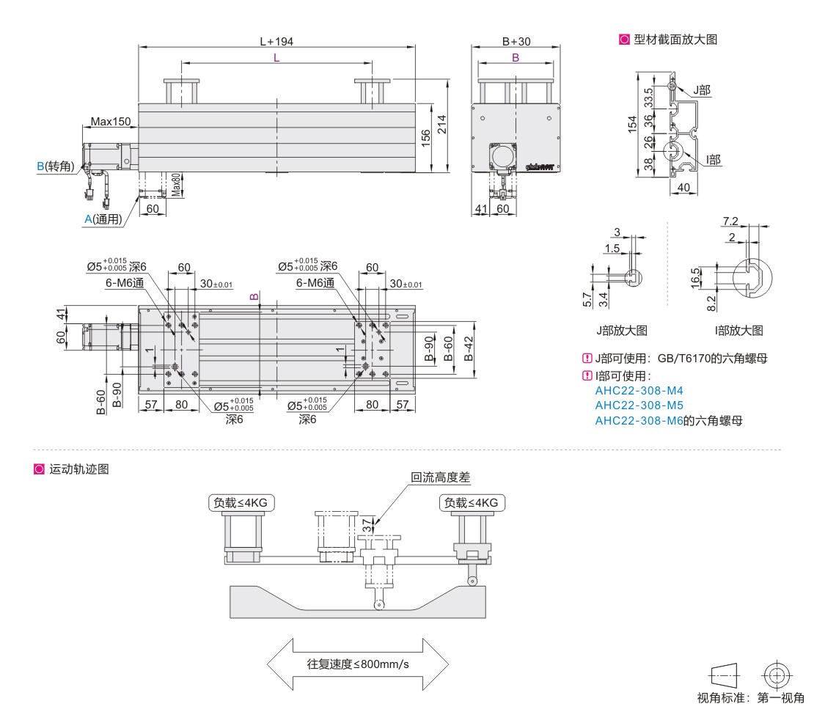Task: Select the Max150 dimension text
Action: [110, 121]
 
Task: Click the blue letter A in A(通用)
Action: [88, 219]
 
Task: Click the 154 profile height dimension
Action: [632, 125]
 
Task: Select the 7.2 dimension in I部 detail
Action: [730, 221]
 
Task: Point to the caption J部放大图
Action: [621, 331]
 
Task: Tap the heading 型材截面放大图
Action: [675, 40]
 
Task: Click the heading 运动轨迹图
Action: [79, 469]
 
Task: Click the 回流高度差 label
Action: [440, 477]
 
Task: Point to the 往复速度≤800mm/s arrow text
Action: [358, 665]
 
